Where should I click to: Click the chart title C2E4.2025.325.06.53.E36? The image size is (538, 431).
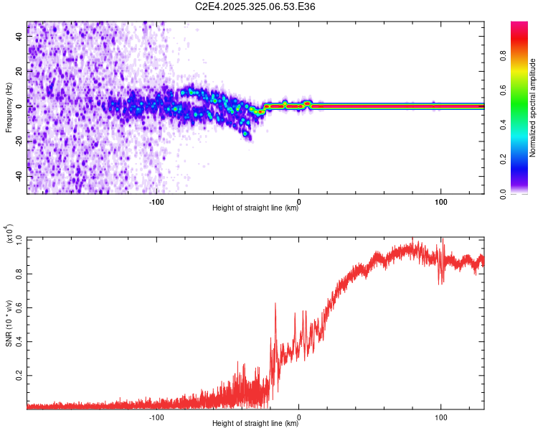(255, 6)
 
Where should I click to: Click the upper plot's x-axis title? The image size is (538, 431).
(255, 208)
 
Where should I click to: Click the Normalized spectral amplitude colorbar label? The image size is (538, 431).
(533, 108)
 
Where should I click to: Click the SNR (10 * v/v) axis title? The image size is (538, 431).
(9, 323)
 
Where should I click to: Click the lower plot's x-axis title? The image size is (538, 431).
(255, 423)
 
